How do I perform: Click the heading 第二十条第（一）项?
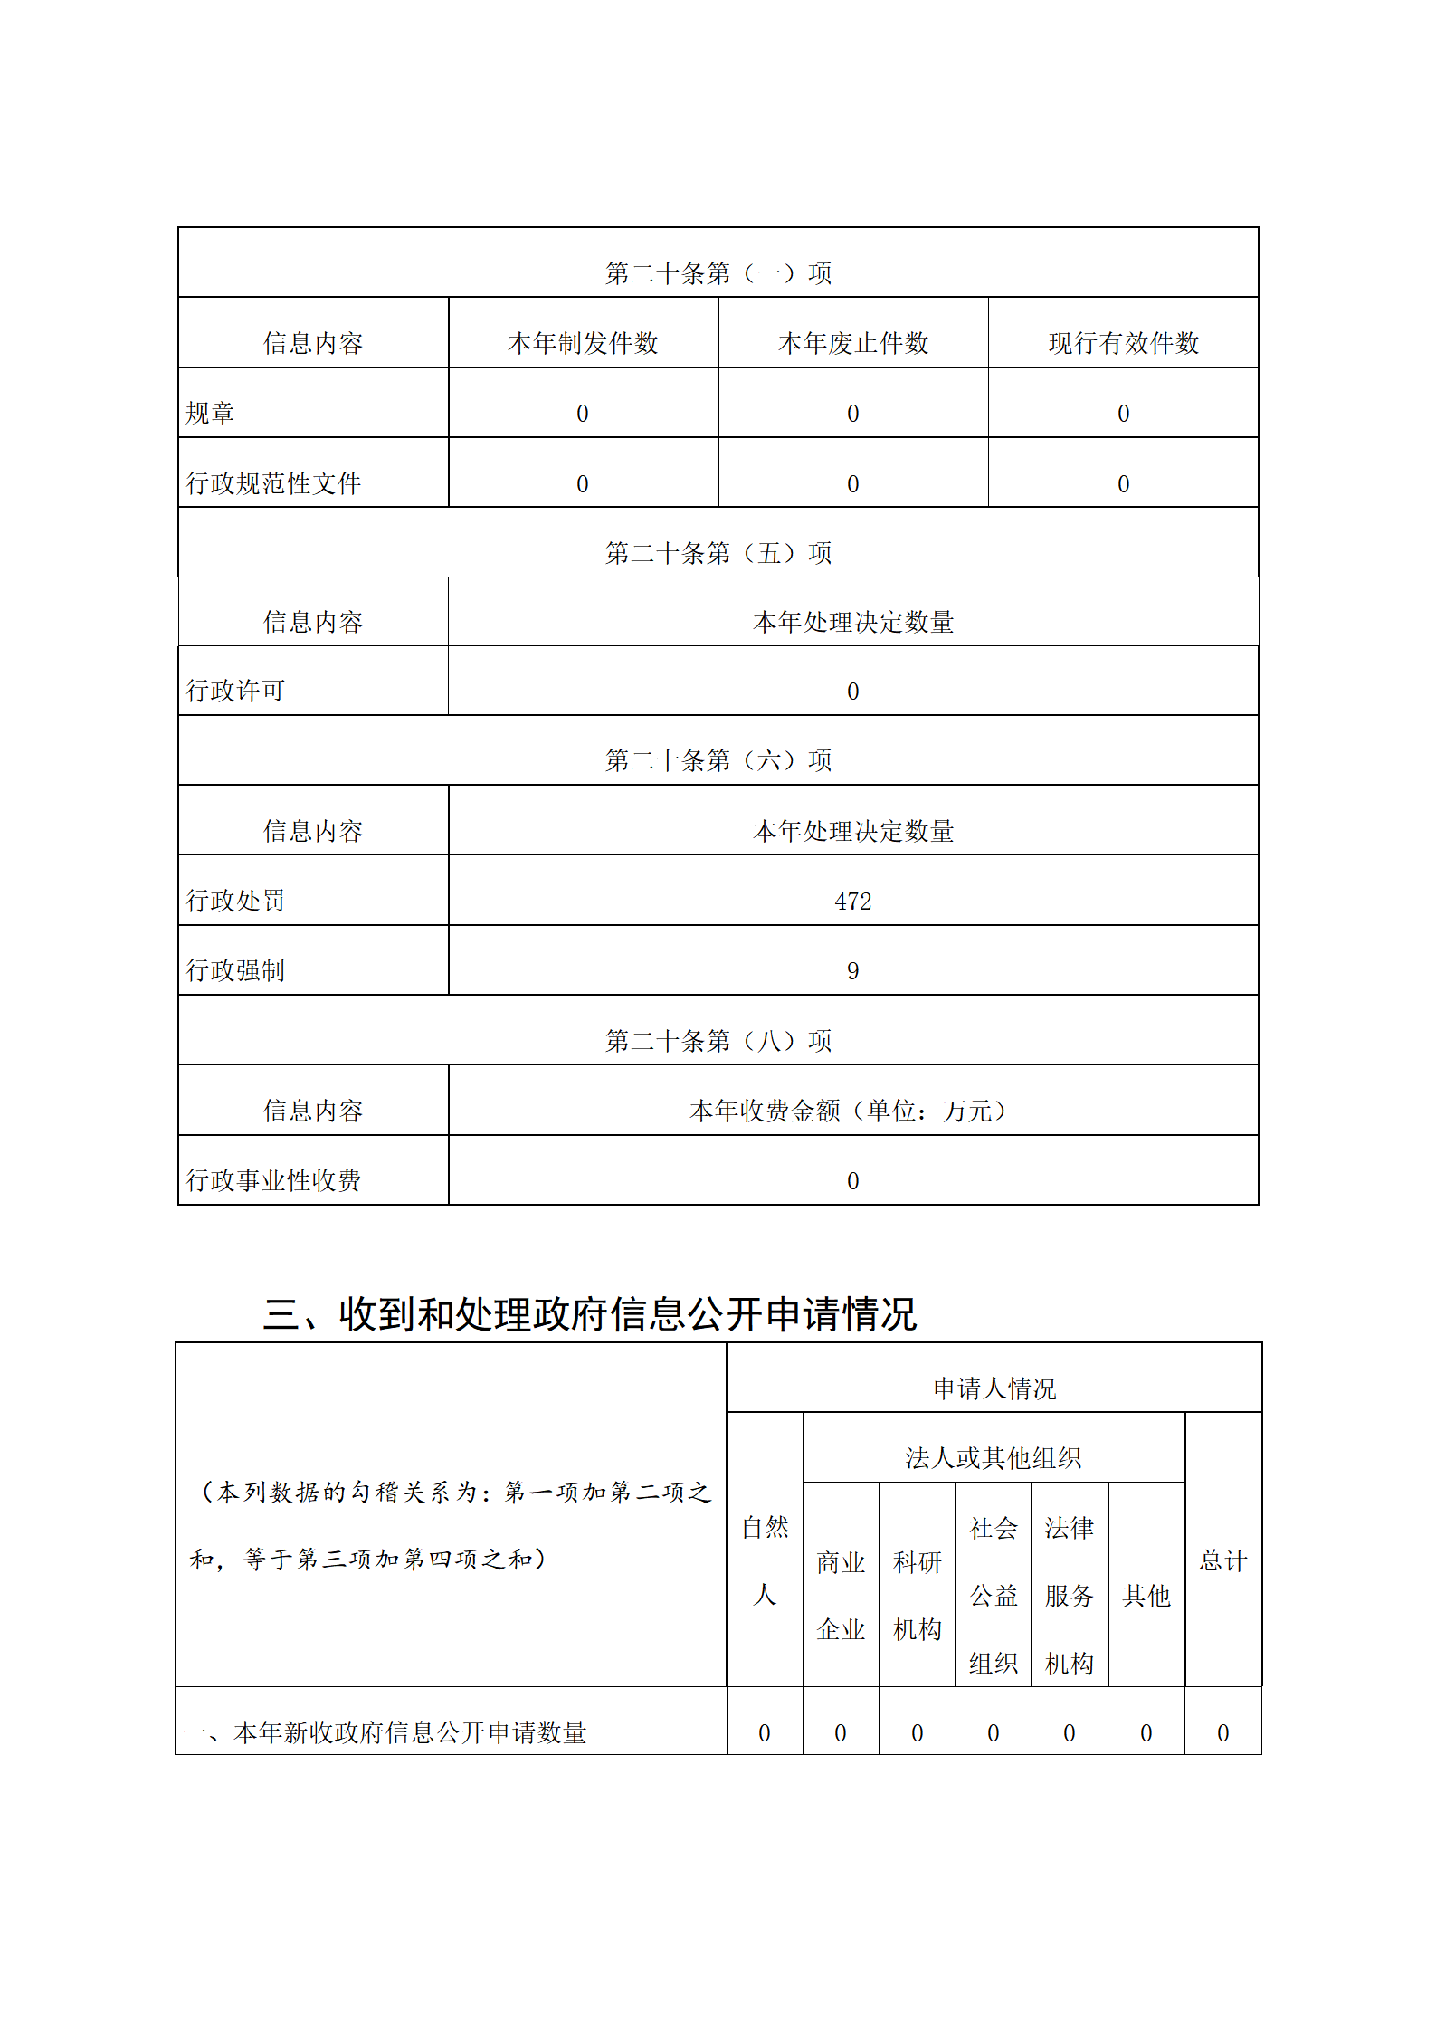point(718,272)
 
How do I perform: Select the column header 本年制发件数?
point(583,343)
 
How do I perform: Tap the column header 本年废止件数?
point(852,343)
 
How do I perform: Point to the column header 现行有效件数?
point(1123,343)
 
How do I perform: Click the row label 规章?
point(210,414)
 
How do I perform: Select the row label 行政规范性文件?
point(273,483)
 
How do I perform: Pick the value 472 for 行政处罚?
point(852,902)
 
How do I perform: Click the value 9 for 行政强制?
point(852,971)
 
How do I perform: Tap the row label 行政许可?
point(235,692)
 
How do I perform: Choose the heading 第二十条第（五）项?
point(718,552)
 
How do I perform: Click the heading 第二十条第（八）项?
point(718,1041)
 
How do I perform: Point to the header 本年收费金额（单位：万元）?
point(852,1111)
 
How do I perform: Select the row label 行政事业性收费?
point(273,1180)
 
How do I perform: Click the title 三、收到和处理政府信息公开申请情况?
point(590,1314)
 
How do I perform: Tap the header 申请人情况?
point(994,1388)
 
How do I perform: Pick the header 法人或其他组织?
point(994,1458)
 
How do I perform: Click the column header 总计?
point(1222,1560)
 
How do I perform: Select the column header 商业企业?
point(841,1595)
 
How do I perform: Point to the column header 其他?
point(1146,1595)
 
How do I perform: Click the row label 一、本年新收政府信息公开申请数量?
point(385,1732)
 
